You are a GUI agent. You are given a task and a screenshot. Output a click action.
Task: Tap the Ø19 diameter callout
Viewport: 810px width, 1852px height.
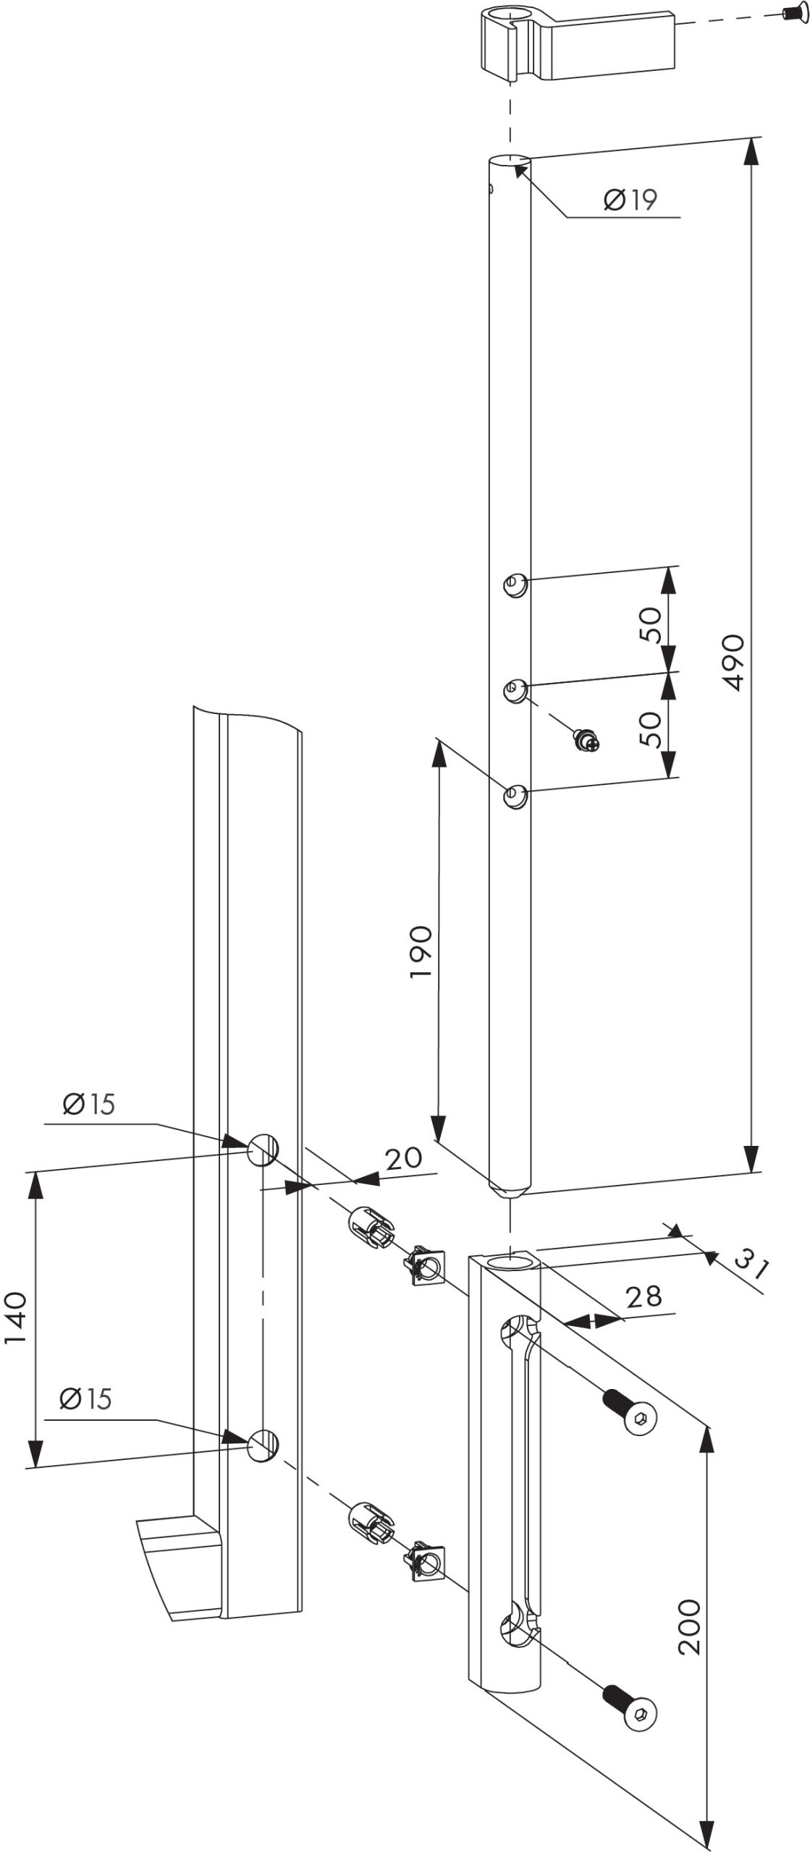pos(630,200)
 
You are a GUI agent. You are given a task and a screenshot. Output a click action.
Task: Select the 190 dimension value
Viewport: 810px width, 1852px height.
pos(421,951)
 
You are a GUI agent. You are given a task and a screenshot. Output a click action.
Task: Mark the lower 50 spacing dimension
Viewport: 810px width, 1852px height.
pos(650,729)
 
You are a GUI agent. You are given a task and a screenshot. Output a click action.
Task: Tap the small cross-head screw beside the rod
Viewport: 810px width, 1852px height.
pos(586,739)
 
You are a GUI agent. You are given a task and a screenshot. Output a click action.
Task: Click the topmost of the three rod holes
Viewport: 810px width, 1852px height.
pos(515,582)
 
